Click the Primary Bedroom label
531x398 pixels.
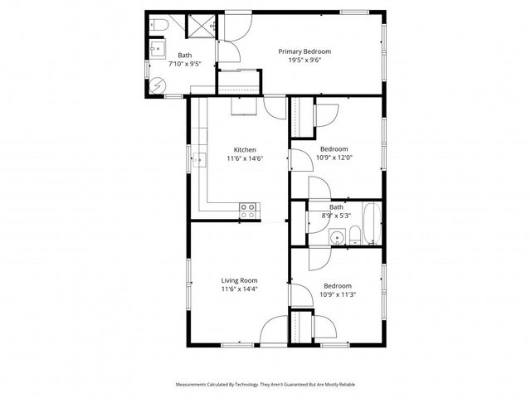click(304, 51)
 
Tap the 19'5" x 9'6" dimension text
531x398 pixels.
click(304, 60)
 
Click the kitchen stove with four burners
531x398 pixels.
click(248, 211)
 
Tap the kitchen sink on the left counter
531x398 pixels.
click(198, 161)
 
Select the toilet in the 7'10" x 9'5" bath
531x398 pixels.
click(161, 28)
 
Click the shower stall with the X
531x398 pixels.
click(199, 27)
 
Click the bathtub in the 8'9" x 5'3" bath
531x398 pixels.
click(371, 224)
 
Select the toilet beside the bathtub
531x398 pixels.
click(354, 235)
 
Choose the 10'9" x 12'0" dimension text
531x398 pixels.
click(334, 158)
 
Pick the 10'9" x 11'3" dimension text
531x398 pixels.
click(337, 294)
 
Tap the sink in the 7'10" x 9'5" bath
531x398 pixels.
click(156, 49)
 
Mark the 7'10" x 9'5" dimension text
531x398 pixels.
click(185, 63)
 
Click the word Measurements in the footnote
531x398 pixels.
click(192, 385)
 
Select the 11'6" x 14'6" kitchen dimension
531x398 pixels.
click(245, 158)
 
